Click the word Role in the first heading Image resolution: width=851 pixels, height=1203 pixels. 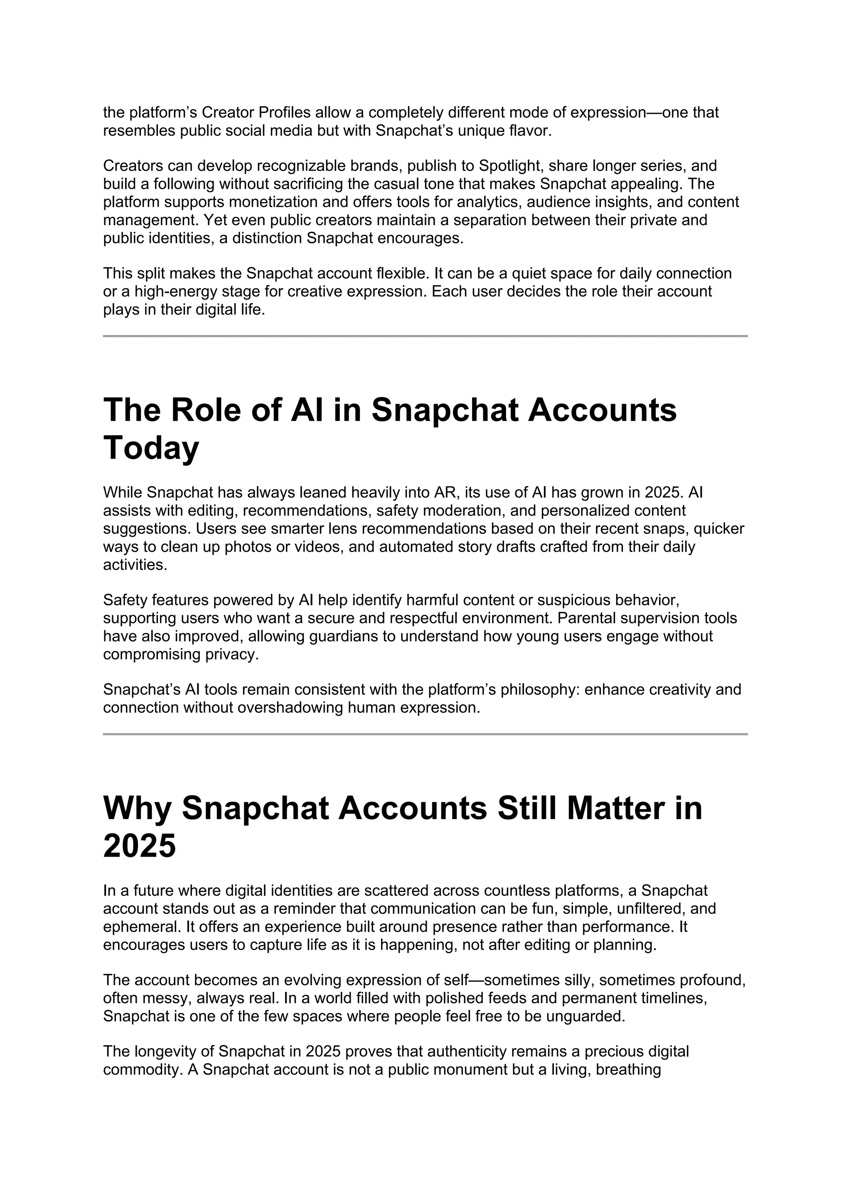(x=206, y=410)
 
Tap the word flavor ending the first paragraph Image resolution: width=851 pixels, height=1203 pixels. (x=529, y=131)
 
